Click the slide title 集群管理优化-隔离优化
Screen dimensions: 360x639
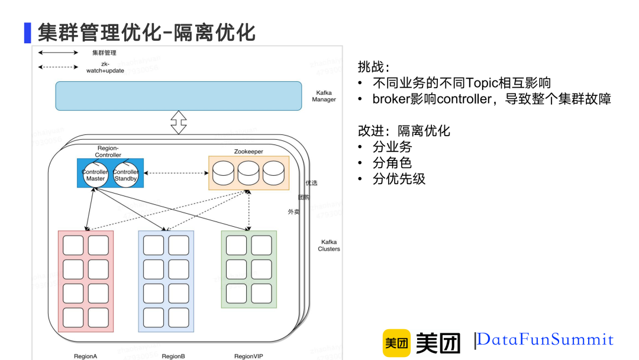[x=147, y=32]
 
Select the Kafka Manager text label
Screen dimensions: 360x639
[x=324, y=96]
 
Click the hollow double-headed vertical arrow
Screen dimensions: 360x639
[x=178, y=123]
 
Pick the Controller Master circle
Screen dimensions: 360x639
[x=95, y=175]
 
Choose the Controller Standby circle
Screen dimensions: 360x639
[x=125, y=175]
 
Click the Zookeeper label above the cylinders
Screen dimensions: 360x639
[x=248, y=152]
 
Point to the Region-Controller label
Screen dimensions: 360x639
[x=108, y=151]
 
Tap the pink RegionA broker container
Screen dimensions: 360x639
[x=86, y=281]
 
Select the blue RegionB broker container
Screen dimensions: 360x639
[x=166, y=281]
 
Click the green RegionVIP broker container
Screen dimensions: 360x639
[x=248, y=269]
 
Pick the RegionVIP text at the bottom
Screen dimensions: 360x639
[x=248, y=356]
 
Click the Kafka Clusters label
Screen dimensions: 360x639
[x=329, y=245]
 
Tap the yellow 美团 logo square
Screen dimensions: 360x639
[x=396, y=343]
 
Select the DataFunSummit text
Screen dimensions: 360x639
[x=545, y=340]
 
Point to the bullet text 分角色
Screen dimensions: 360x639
[x=392, y=163]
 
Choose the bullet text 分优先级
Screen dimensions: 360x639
[x=399, y=179]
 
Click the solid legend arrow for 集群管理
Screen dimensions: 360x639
[x=58, y=53]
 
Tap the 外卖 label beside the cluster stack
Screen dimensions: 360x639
[x=293, y=211]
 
